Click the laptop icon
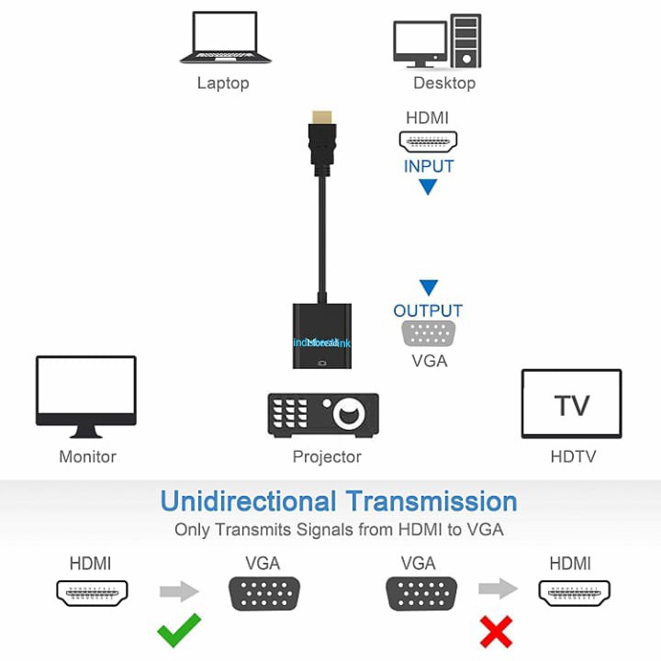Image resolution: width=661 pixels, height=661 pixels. (x=226, y=39)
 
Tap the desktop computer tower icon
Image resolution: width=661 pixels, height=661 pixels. (x=465, y=40)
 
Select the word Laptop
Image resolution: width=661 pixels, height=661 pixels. (x=223, y=84)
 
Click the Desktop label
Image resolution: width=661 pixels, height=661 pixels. (x=444, y=84)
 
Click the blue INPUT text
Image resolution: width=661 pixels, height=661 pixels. (x=429, y=166)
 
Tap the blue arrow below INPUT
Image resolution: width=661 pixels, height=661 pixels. (x=428, y=187)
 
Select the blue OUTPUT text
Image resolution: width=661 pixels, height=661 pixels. (x=428, y=310)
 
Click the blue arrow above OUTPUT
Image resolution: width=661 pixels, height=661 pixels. (x=428, y=287)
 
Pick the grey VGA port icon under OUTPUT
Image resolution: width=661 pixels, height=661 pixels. (x=429, y=333)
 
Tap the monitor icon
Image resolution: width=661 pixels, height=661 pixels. (x=85, y=396)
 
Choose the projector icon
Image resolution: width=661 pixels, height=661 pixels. (x=323, y=414)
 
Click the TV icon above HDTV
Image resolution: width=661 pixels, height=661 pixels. (x=571, y=404)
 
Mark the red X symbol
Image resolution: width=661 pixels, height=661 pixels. (x=497, y=633)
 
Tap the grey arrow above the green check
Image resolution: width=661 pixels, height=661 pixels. (x=179, y=591)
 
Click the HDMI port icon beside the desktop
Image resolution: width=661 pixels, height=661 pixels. (x=428, y=142)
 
